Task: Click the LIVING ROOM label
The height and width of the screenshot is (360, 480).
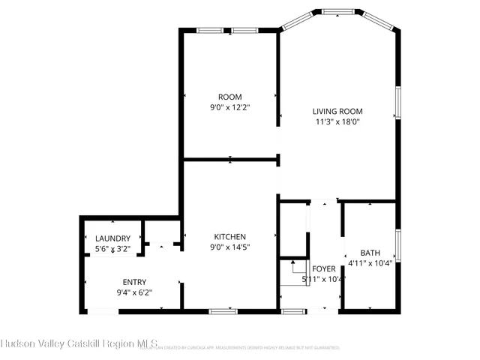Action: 337,111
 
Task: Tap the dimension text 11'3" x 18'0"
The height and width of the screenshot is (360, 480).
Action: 337,121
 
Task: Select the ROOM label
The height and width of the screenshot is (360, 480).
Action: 229,97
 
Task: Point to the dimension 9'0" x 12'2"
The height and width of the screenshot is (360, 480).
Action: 229,107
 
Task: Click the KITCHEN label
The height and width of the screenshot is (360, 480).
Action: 229,236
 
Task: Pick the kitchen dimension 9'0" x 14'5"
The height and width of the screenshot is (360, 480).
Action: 229,247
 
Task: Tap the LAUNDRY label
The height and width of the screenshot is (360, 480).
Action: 112,238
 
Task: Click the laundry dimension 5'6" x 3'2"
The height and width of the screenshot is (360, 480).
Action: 112,248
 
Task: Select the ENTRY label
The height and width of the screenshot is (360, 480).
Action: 134,282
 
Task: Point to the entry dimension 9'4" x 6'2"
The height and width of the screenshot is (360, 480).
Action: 134,292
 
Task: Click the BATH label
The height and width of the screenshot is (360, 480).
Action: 370,253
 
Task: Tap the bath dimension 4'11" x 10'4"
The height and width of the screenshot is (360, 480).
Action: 370,263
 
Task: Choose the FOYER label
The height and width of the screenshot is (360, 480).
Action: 324,268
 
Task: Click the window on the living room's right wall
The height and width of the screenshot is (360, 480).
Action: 397,104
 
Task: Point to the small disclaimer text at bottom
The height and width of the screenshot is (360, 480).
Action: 247,348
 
